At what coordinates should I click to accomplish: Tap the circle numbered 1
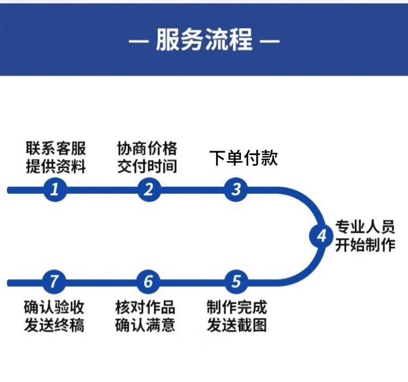click(x=55, y=189)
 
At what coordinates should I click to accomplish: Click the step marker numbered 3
click(x=236, y=189)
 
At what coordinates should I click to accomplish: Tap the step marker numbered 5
click(x=236, y=282)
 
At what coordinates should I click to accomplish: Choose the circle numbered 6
click(x=149, y=282)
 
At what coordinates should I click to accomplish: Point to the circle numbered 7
click(x=55, y=282)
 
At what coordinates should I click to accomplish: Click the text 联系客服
click(x=55, y=148)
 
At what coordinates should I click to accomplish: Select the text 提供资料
click(x=55, y=165)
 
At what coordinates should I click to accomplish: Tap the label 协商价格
click(x=147, y=148)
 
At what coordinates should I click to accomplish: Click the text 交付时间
click(x=147, y=165)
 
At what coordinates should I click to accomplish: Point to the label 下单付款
click(x=244, y=158)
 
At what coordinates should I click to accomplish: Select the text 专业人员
click(x=365, y=227)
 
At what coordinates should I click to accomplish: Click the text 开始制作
click(x=365, y=245)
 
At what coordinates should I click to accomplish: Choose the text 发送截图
click(x=237, y=325)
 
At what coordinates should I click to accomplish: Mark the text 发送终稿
click(x=54, y=325)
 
